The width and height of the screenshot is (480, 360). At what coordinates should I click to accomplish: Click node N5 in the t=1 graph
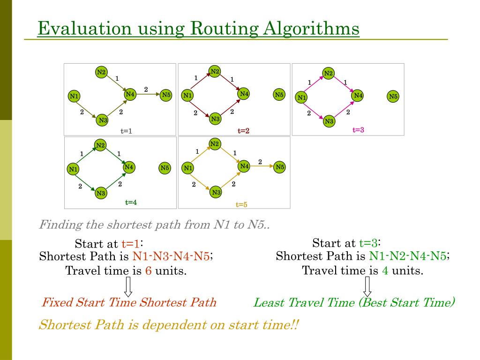pos(166,95)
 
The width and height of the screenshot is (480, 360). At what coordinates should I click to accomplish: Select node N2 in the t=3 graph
pos(329,73)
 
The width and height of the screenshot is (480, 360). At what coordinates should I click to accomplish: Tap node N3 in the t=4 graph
pos(101,193)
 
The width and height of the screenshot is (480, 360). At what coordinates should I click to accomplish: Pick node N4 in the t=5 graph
pos(244,166)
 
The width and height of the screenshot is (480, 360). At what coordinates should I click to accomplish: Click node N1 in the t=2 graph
pos(187,96)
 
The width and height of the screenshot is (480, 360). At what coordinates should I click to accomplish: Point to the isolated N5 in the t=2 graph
pos(279,95)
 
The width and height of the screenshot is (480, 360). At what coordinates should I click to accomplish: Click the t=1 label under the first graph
pos(127,131)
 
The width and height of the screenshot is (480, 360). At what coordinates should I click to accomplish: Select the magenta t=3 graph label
pos(358,130)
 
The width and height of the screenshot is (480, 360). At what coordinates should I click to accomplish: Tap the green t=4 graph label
pos(131,202)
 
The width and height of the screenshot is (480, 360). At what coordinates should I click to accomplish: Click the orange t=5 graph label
pos(241,204)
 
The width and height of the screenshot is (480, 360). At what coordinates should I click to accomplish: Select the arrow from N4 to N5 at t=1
pos(148,95)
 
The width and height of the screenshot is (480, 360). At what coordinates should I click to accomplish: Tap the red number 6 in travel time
pos(148,271)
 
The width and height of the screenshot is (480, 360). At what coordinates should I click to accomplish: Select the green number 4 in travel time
pos(385,270)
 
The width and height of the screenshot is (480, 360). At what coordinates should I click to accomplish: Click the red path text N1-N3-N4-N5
pos(171,256)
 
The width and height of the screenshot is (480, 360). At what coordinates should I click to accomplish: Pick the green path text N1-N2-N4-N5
pos(408,256)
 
